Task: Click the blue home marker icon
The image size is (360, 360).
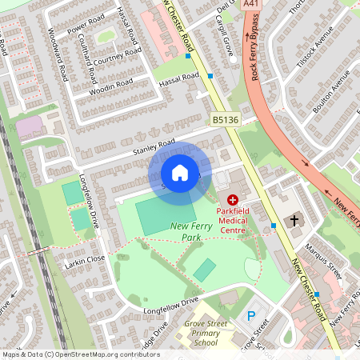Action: (180, 173)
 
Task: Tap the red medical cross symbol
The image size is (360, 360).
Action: (233, 198)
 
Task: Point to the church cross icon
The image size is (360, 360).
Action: (294, 220)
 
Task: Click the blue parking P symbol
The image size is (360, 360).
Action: (251, 317)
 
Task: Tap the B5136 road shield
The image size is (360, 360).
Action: (225, 120)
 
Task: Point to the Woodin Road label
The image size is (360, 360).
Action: (112, 83)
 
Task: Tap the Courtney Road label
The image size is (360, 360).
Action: (117, 58)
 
